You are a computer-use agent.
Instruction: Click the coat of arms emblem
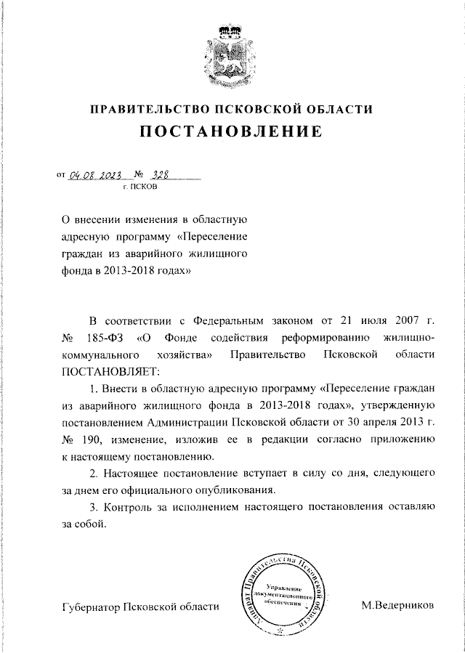pos(232,51)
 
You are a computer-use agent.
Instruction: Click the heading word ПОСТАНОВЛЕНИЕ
pos(231,133)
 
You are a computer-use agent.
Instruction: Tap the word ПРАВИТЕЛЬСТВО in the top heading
pos(142,110)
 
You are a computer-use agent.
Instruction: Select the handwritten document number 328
pos(158,174)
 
